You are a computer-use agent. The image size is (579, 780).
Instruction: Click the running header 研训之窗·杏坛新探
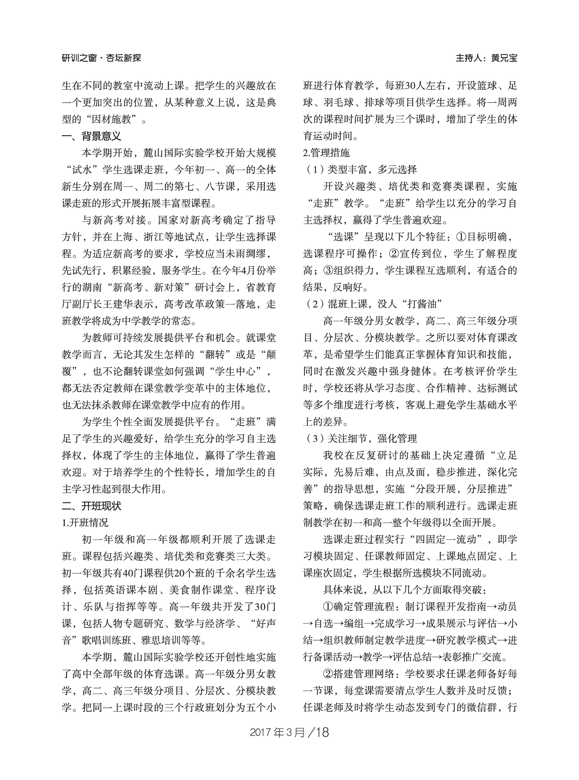pos(101,58)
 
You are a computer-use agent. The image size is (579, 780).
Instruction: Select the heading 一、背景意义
pos(91,136)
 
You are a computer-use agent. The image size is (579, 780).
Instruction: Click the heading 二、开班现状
pos(91,506)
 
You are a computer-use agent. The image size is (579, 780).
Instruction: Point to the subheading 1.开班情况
pos(85,523)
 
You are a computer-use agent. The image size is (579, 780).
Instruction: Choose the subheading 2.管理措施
pos(326,153)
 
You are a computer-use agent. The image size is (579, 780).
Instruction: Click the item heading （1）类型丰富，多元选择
pos(360,170)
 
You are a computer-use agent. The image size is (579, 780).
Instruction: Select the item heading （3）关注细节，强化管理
pos(360,439)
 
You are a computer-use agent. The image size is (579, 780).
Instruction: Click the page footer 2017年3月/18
pos(289,732)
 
